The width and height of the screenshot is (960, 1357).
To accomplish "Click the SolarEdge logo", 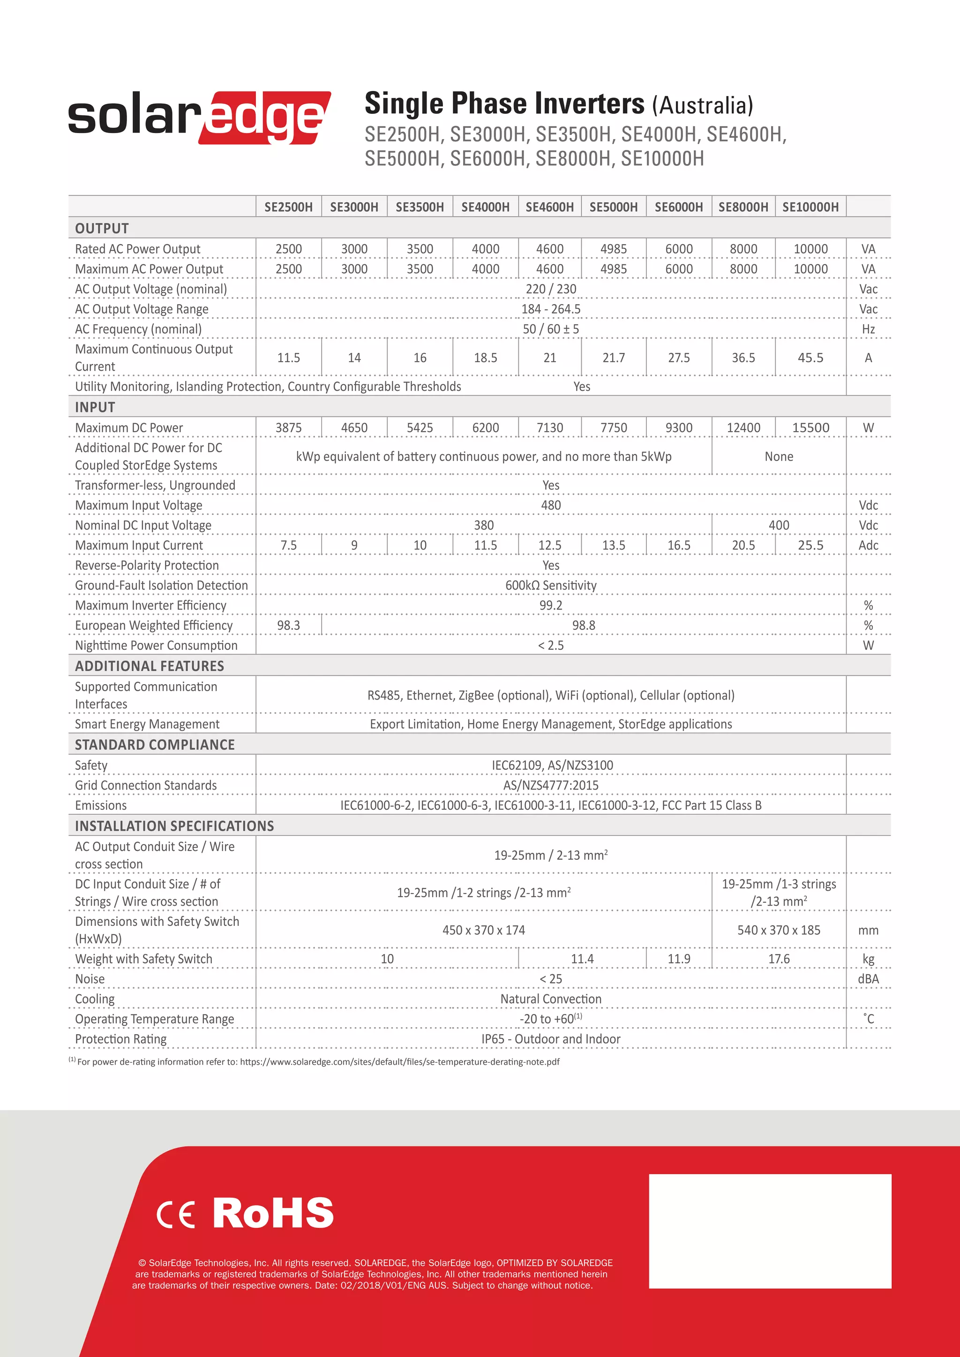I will pos(199,117).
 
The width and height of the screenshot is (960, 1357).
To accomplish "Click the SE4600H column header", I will pos(549,207).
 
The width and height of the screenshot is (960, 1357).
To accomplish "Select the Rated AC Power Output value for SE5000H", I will pos(613,249).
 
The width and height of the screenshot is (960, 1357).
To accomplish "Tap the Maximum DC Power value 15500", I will pos(810,427).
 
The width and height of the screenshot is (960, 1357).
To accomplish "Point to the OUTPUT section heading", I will pos(102,228).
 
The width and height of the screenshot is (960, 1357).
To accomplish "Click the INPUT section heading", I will pos(95,407).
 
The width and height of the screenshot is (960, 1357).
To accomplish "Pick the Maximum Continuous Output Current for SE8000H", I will pos(743,358).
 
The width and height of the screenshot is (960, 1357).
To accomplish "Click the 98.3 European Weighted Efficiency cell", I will pos(288,625).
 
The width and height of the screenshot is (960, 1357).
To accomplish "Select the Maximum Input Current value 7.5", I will pos(288,545).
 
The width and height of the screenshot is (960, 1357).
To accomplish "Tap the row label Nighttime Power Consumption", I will pos(156,645).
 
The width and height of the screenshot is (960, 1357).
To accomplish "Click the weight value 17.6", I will pos(779,959).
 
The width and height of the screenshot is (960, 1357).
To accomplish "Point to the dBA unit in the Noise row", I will pos(868,979).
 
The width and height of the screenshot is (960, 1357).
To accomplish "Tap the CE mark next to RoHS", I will pos(176,1215).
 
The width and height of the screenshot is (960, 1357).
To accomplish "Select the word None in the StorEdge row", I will pos(779,456).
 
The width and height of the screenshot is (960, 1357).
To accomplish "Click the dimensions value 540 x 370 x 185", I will pos(779,930).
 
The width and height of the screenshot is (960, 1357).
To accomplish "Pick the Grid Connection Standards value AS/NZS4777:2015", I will pos(550,785).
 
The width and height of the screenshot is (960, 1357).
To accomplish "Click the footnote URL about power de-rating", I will pos(399,1061).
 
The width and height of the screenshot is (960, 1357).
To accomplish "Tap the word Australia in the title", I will pos(702,106).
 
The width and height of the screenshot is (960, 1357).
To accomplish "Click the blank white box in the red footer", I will pos(770,1230).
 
